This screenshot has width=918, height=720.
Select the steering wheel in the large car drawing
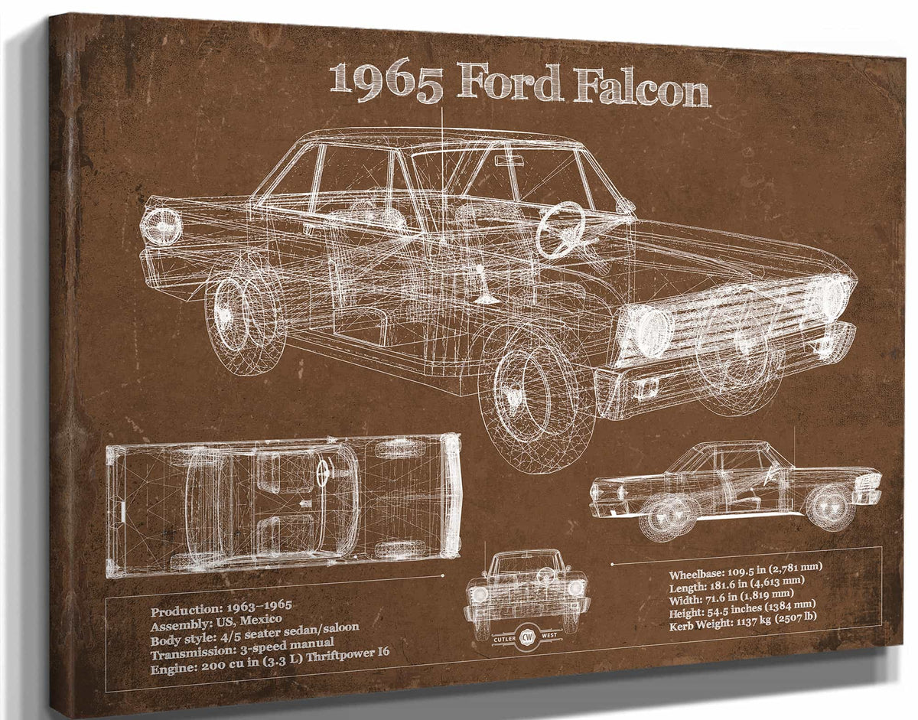(x=560, y=230)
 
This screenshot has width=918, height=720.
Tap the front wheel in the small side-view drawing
(x=830, y=507)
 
